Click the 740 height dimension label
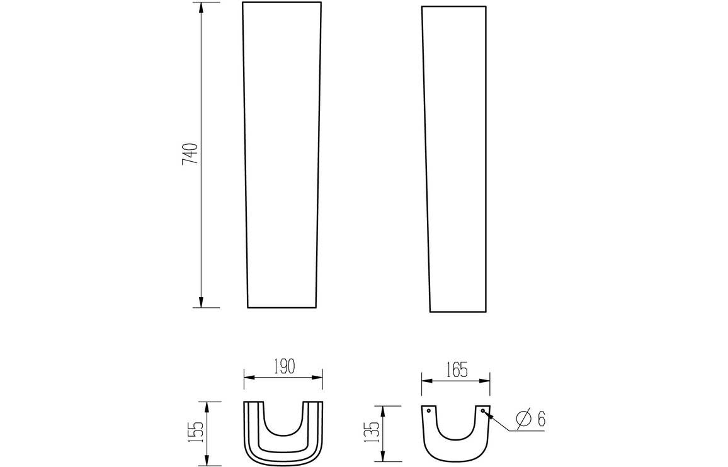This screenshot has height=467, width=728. (190, 154)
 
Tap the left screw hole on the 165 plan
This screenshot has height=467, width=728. (429, 411)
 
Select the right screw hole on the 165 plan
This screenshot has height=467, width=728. (482, 411)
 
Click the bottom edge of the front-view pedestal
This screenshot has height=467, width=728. (282, 308)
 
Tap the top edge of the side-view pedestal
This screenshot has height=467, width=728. (453, 6)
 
